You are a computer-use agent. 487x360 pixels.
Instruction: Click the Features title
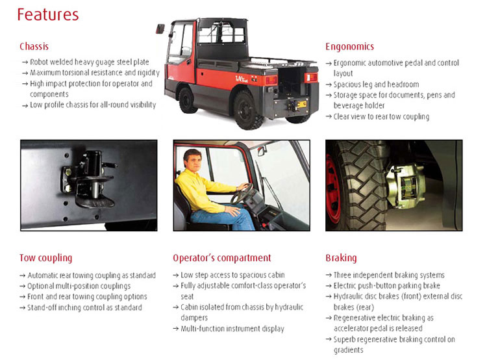pos(48,14)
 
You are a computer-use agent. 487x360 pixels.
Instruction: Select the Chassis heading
pos(34,47)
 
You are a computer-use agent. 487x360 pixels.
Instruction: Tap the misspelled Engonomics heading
pos(350,47)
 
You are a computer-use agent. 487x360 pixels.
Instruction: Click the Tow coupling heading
pos(45,258)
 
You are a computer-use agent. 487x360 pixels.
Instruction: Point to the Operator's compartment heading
pos(222,258)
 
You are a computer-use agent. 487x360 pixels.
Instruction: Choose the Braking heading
pos(341,258)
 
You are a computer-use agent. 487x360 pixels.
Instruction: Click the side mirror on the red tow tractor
pos(160,29)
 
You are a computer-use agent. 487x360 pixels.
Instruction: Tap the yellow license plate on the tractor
pos(301,104)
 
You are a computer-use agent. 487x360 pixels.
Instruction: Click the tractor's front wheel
pos(187,101)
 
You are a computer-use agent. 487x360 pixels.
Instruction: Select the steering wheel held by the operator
pos(242,194)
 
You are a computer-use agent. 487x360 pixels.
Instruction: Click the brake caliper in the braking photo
pos(405,186)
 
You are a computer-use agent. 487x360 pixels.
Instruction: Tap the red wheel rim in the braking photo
pos(332,189)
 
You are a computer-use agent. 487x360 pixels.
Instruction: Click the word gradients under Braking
pos(349,350)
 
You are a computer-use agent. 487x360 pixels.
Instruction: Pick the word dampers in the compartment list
pos(194,318)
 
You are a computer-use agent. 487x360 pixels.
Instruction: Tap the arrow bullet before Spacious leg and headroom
pos(329,84)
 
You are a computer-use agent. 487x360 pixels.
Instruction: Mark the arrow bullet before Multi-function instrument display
pos(176,329)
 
